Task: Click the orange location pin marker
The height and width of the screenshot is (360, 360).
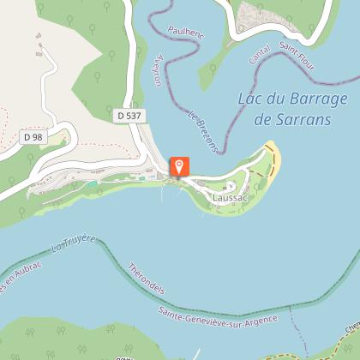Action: (x=180, y=166)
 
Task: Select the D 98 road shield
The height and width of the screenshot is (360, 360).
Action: (x=33, y=136)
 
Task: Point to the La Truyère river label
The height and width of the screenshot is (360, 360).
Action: (x=74, y=249)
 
